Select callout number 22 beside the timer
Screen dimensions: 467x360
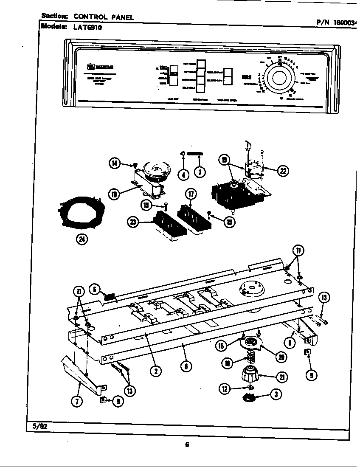(282, 171)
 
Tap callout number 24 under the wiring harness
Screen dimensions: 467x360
(81, 240)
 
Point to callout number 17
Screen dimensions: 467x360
(191, 195)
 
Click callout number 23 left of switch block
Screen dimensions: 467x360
(133, 222)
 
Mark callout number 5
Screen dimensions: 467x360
(185, 366)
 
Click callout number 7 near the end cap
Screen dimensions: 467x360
(77, 402)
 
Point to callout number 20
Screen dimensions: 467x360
(281, 357)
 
